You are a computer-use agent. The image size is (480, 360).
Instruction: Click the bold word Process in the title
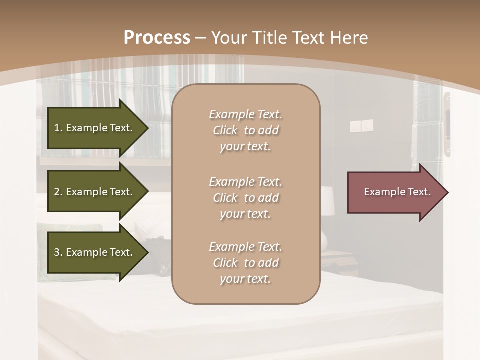tap(157, 38)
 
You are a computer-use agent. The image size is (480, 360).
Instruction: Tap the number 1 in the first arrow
tap(57, 128)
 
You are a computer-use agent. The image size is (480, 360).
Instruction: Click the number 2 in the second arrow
tap(57, 192)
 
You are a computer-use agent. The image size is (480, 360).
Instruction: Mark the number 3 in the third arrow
tap(57, 252)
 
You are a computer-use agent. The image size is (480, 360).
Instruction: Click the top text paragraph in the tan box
tap(245, 130)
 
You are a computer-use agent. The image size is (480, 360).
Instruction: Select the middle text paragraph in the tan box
tap(245, 198)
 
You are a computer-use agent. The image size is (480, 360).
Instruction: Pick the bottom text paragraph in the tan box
tap(245, 263)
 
